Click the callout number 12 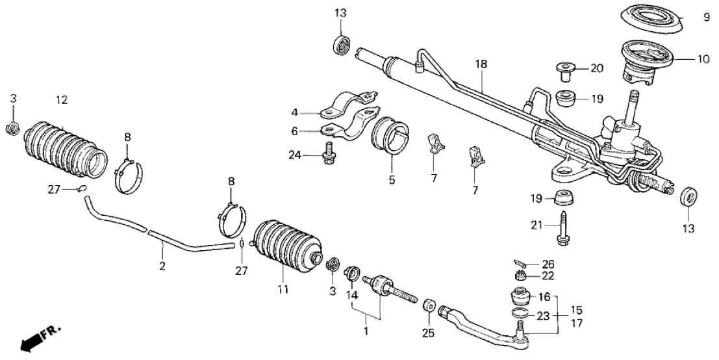[62, 100]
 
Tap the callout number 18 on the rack [481, 64]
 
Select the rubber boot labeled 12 [65, 147]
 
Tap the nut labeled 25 [429, 305]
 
